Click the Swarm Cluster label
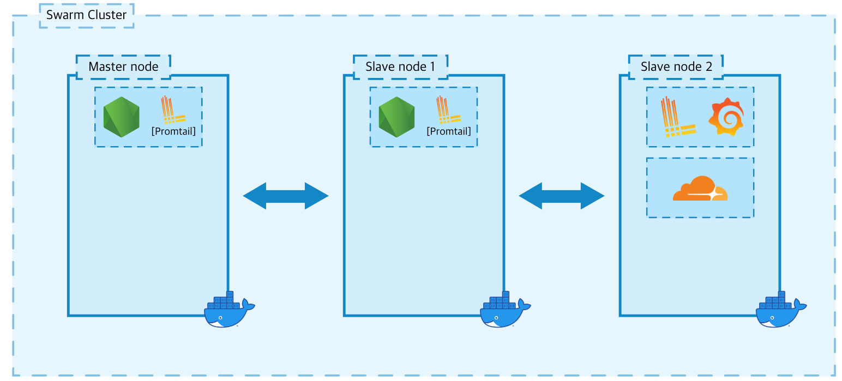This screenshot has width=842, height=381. (86, 15)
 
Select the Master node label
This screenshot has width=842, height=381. (123, 66)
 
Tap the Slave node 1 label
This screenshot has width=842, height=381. (400, 66)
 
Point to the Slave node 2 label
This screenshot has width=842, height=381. (676, 66)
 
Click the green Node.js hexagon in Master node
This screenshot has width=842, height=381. (121, 117)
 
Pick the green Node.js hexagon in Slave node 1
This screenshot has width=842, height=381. (396, 117)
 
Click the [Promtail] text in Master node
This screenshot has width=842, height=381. (173, 131)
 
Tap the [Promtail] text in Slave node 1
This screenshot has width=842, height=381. (449, 131)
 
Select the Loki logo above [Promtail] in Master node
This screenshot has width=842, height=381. (172, 110)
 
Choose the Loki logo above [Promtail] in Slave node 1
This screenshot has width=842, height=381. (448, 110)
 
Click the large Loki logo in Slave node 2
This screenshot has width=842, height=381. (677, 117)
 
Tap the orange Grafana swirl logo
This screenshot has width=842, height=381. (725, 117)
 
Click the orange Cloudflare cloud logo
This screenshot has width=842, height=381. (700, 189)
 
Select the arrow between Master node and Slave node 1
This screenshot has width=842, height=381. (286, 196)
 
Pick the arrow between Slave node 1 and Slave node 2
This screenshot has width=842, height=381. (562, 196)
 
